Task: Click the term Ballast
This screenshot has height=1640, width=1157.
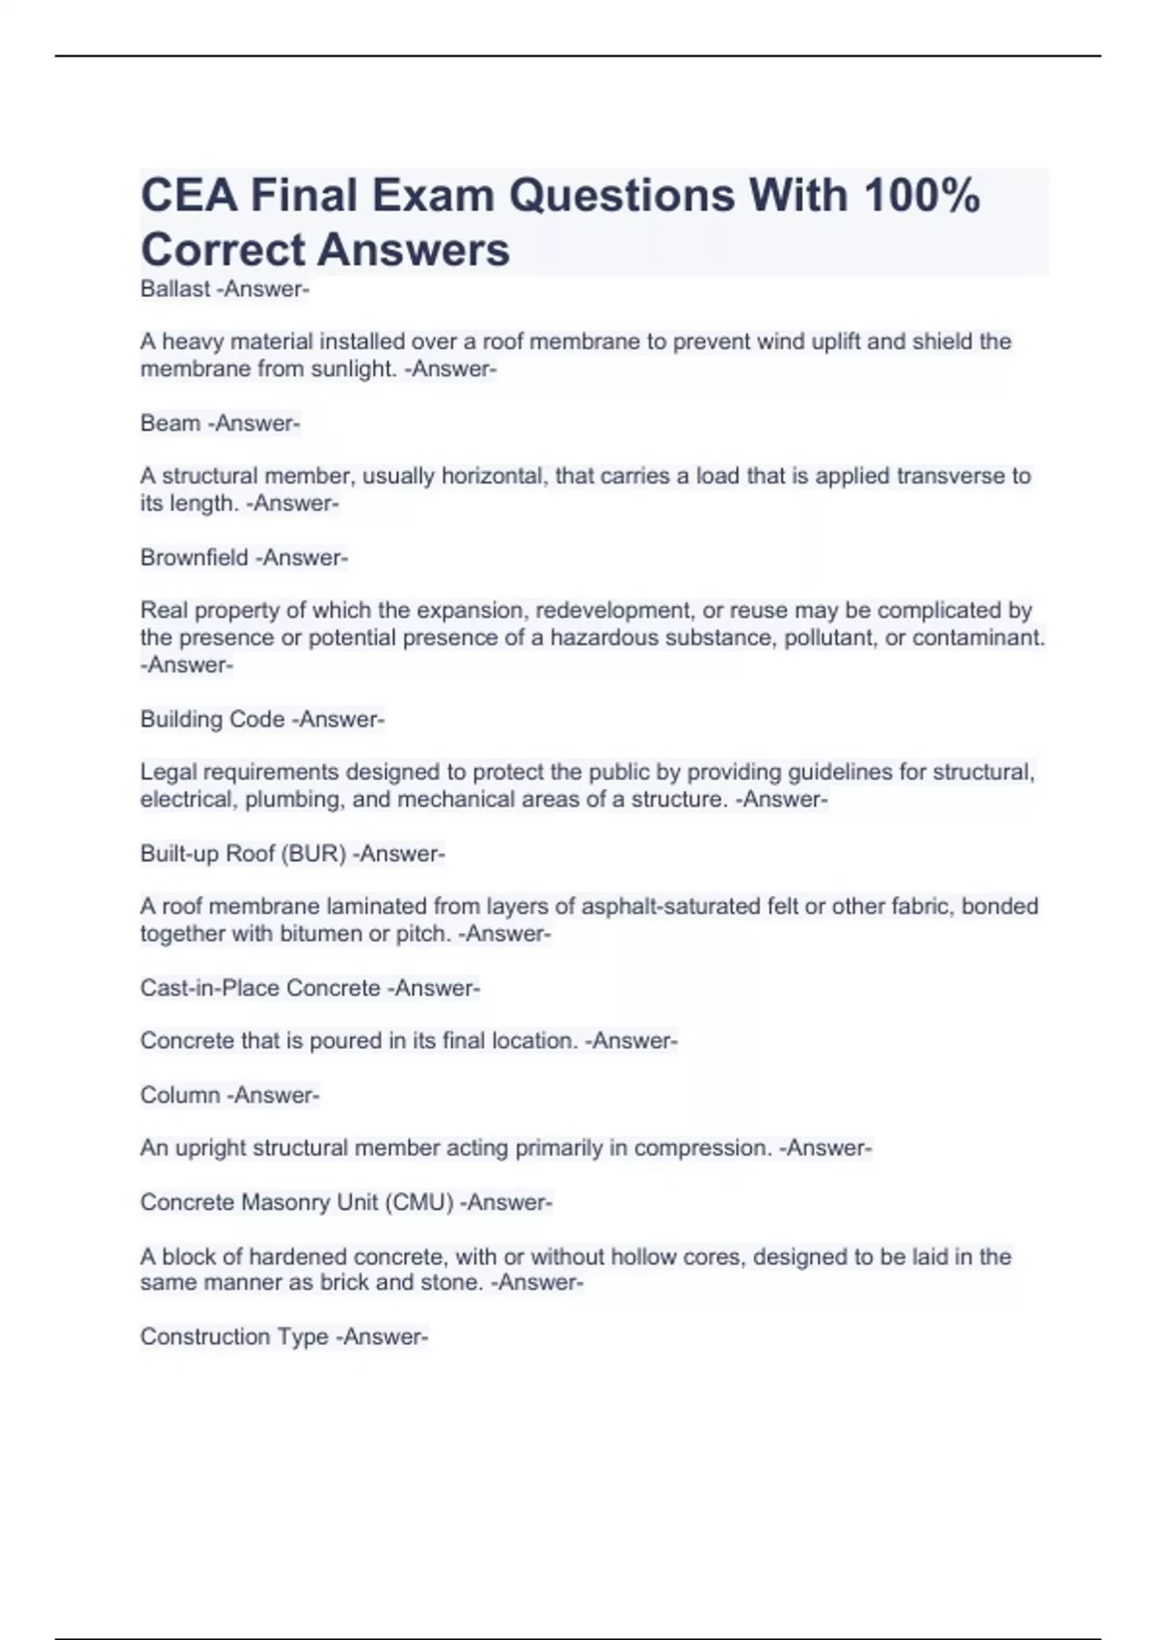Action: click(x=175, y=289)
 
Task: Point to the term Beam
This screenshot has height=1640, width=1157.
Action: click(x=170, y=424)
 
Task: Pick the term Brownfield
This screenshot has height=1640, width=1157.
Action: click(x=194, y=558)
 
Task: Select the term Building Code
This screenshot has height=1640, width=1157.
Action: click(x=212, y=720)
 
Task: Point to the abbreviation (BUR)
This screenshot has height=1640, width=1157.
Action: click(x=313, y=854)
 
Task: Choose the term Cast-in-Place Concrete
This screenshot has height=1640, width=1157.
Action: click(x=260, y=988)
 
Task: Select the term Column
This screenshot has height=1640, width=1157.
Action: click(x=178, y=1095)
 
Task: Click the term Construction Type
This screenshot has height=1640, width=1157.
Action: click(x=234, y=1337)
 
